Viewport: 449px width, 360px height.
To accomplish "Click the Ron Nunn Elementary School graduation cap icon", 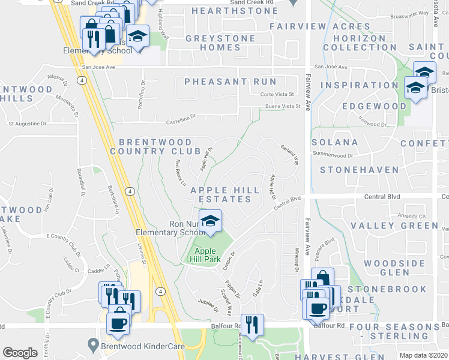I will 209,221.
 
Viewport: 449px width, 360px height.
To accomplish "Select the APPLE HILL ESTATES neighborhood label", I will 225,196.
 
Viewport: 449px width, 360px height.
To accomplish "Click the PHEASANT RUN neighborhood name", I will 231,82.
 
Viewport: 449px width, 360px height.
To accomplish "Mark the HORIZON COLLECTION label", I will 360,43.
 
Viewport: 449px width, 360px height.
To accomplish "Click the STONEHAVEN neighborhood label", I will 360,170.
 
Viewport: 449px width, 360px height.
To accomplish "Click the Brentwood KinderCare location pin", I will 92,345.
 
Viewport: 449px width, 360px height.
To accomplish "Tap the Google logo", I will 20,353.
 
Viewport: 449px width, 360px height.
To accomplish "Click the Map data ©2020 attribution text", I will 423,355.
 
